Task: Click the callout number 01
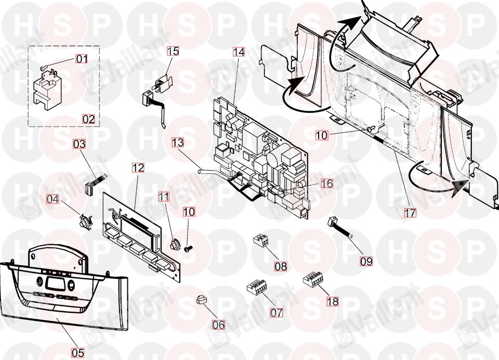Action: coord(82,59)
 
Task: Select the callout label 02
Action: coord(88,119)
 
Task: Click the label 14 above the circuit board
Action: coord(239,52)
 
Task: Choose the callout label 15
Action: coord(173,51)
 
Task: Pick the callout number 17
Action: coord(411,212)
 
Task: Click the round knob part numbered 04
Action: coord(83,222)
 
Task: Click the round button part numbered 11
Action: coord(175,243)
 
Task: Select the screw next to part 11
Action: coord(188,249)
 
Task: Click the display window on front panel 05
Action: coord(55,284)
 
